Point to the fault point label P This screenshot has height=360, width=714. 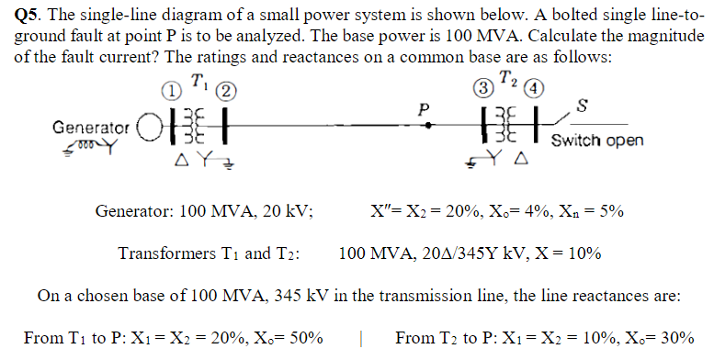pyautogui.click(x=424, y=107)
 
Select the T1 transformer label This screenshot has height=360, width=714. pyautogui.click(x=198, y=81)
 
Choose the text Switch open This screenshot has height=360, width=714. pyautogui.click(x=597, y=141)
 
